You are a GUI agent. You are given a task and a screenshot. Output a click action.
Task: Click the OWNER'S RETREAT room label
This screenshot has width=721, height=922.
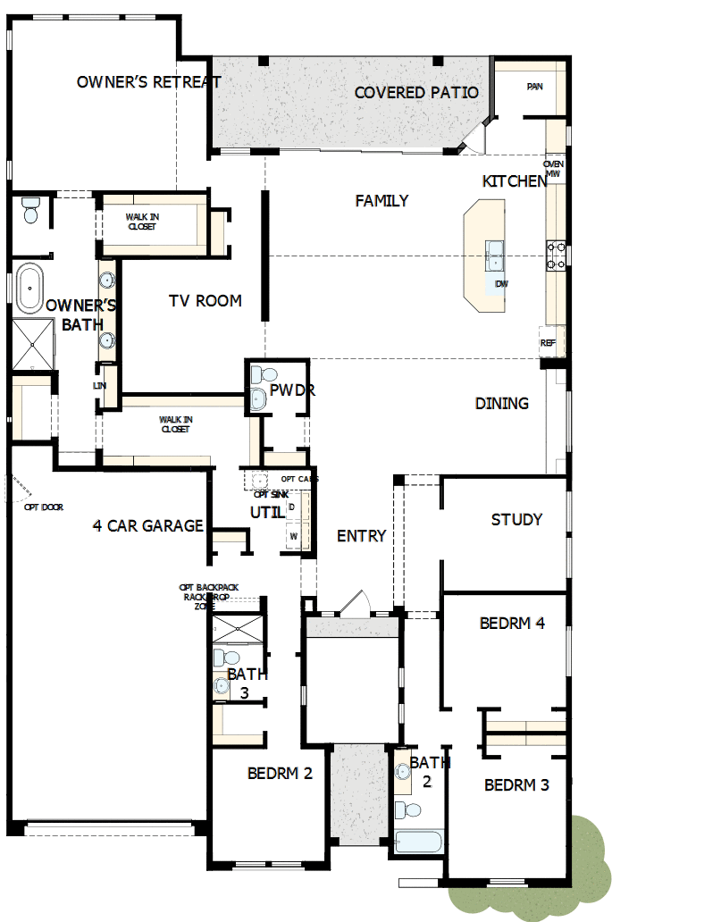click(148, 82)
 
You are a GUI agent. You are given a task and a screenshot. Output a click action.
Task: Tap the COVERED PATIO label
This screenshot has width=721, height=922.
click(416, 93)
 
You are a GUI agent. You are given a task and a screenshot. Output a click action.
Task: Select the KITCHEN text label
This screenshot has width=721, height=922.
click(515, 181)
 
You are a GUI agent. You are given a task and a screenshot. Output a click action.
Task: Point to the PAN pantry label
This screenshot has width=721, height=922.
click(534, 87)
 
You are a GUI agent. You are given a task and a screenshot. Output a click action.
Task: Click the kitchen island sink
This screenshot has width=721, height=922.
click(495, 255)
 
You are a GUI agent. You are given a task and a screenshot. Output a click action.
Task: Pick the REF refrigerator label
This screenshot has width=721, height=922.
click(548, 343)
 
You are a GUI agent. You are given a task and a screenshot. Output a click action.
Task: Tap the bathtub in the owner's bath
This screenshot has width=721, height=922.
click(30, 288)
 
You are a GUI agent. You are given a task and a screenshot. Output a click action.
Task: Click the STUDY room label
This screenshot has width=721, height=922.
click(516, 519)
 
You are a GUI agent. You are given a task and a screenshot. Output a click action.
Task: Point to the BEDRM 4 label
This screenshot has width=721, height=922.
click(512, 624)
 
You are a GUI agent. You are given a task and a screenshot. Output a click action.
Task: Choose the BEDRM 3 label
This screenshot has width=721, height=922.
click(516, 785)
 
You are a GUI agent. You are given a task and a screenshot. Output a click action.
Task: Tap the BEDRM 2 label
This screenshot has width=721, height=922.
click(280, 773)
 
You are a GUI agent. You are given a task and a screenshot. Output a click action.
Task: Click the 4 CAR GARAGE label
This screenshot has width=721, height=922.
click(148, 526)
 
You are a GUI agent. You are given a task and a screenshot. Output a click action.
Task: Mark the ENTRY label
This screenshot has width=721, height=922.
click(361, 536)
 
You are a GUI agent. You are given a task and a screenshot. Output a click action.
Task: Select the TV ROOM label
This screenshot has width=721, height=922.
click(205, 301)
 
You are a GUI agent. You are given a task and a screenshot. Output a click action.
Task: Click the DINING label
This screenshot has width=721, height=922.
click(501, 404)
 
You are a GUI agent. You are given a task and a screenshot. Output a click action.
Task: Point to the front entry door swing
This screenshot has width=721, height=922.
click(361, 600)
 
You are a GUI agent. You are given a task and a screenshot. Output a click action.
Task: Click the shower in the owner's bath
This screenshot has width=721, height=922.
click(33, 344)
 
